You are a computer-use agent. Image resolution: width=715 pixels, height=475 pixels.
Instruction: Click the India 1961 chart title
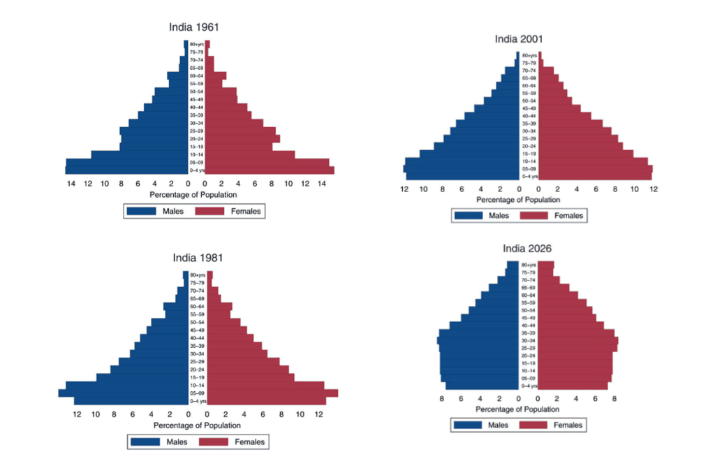pyautogui.click(x=194, y=27)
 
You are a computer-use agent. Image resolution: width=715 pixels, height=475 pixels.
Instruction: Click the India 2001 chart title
pyautogui.click(x=518, y=38)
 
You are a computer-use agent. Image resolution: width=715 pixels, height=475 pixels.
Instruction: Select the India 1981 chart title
pyautogui.click(x=198, y=258)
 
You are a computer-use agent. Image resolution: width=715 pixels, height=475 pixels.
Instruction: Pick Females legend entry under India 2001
pyautogui.click(x=552, y=215)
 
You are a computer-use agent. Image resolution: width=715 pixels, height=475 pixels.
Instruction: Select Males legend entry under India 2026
pyautogui.click(x=482, y=425)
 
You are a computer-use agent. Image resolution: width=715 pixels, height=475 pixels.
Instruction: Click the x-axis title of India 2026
pyautogui.click(x=528, y=409)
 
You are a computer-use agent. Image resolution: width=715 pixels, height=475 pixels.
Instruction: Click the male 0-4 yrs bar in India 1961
pyautogui.click(x=126, y=170)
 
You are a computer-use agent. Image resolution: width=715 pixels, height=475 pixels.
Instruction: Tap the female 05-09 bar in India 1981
pyautogui.click(x=272, y=393)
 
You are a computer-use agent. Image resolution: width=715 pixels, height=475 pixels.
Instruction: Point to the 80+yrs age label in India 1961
pyautogui.click(x=196, y=44)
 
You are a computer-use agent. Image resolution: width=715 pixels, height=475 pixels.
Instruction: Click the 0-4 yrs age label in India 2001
pyautogui.click(x=529, y=177)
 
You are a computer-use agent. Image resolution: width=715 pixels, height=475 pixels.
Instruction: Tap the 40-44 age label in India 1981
pyautogui.click(x=198, y=338)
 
